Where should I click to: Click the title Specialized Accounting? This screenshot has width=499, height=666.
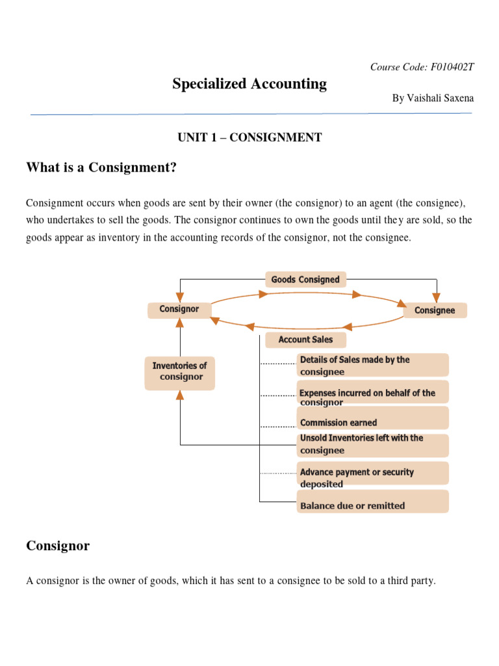coord(249,84)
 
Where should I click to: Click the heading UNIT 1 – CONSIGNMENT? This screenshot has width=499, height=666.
coord(249,137)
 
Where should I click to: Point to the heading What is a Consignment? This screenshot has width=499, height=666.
coord(101,168)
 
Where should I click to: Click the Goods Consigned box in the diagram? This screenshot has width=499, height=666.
coord(305,280)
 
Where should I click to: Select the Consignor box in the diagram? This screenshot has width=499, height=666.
coord(179,309)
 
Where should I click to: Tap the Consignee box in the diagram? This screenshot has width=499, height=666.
coord(435,310)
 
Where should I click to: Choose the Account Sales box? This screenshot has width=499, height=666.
coord(305,340)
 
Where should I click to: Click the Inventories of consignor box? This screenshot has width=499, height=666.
coord(179,371)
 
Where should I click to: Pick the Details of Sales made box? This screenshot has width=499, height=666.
coord(372,366)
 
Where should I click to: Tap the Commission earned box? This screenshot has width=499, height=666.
coord(372,422)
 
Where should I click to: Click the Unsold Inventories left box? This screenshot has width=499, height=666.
coord(372,444)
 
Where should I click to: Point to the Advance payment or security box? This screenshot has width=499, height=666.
coord(372,477)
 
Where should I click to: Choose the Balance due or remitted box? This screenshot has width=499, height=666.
coord(372,505)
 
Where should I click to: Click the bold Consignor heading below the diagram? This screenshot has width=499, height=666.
coord(58,546)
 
